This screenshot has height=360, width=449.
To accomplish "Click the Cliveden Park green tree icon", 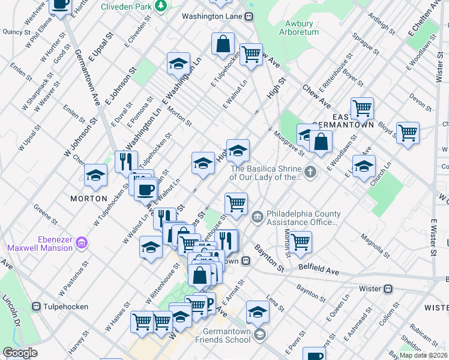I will click(160, 5).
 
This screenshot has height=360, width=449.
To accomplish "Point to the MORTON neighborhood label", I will click(88, 198).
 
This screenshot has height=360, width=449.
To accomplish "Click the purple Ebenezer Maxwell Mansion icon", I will click(82, 243).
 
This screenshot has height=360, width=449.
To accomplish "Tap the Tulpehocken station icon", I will click(37, 307).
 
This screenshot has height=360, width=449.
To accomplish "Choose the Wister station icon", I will click(388, 289).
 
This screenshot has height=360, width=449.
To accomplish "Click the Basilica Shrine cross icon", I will click(310, 173).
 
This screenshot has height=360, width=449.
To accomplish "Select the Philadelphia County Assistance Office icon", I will click(257, 216).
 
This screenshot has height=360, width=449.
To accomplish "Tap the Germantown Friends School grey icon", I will click(259, 334).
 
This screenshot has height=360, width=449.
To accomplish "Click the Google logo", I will click(20, 353).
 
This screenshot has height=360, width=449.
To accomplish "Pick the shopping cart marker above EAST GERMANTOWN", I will click(362, 109).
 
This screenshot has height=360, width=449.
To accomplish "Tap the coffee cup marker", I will click(145, 190).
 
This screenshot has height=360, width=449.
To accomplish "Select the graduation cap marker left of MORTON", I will click(95, 175).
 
